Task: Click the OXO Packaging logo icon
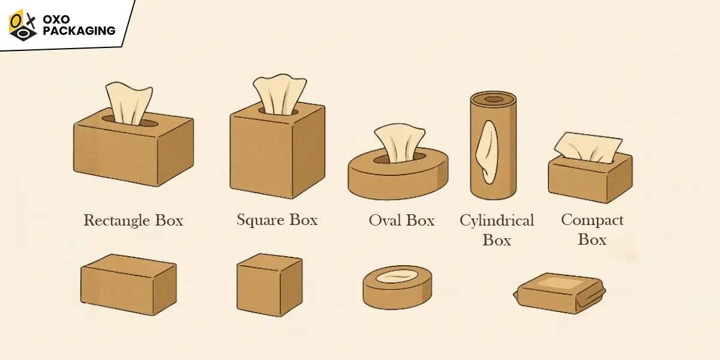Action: pos(23,25)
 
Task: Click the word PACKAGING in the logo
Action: pos(79,31)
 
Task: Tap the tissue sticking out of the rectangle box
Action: pos(129,102)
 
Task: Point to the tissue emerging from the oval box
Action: pos(400,143)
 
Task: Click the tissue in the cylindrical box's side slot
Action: pos(488,152)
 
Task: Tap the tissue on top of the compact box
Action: pos(588,147)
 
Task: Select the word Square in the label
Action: pos(260,221)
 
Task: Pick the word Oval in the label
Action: pos(385,221)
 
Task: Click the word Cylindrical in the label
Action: pos(497,221)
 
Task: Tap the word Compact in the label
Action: pos(592,221)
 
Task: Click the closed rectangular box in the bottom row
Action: pos(128,284)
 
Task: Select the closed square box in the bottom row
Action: pos(269,285)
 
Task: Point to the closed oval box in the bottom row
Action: pos(397,287)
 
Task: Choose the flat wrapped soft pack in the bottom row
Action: pos(560,293)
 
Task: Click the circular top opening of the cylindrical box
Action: pos(493,99)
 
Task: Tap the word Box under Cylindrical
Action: pos(497,240)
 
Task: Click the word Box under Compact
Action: pos(592,240)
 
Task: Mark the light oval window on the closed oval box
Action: pos(397,277)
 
